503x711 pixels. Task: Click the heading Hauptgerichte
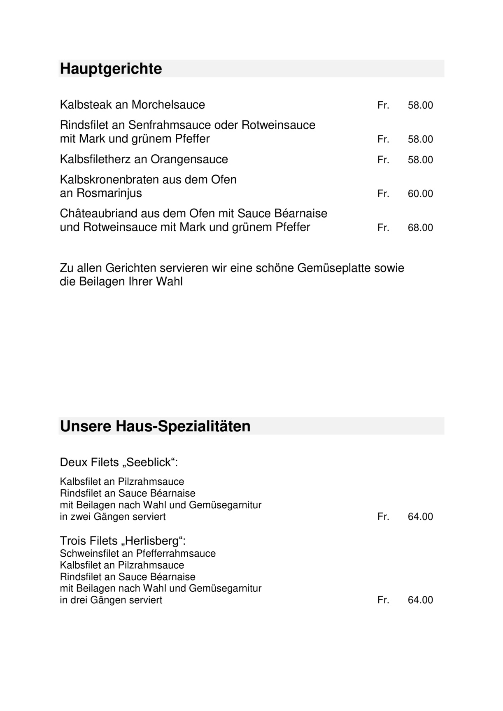tap(111, 69)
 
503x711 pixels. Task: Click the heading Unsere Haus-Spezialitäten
tap(155, 426)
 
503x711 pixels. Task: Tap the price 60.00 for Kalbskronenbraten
tap(420, 194)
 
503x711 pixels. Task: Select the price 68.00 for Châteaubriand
tap(420, 228)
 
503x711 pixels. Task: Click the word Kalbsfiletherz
tap(95, 159)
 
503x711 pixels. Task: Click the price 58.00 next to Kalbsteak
tap(420, 105)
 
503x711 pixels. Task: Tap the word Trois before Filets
tap(73, 541)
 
